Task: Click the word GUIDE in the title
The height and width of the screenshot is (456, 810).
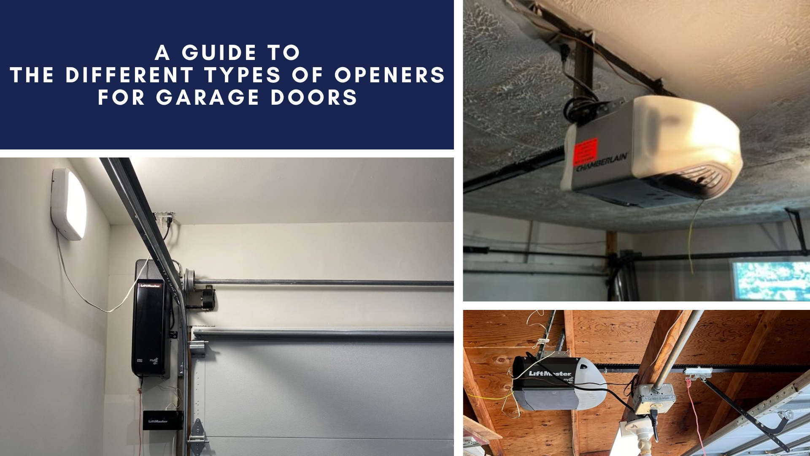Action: [219, 53]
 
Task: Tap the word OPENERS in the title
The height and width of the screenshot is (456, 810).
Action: [390, 75]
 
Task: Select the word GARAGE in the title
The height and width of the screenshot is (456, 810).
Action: [208, 98]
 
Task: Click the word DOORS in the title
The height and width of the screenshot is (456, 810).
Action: [314, 98]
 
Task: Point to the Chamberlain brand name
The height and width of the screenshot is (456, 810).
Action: [602, 163]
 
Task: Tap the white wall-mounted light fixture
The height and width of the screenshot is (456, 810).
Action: [70, 204]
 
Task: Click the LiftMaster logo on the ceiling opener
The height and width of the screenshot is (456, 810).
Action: [550, 373]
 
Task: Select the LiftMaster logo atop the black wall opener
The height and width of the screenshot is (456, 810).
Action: [150, 285]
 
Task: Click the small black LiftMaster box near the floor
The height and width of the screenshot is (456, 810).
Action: [162, 421]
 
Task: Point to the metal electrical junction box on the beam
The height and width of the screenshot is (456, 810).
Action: [654, 399]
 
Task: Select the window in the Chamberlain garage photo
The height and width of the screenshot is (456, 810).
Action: [770, 280]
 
